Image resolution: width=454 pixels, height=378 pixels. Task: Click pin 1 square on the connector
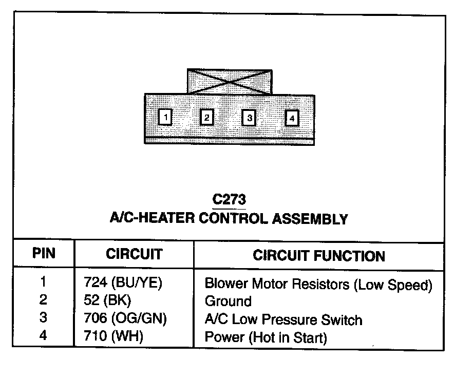click(165, 118)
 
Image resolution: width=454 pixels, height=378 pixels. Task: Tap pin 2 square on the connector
click(206, 118)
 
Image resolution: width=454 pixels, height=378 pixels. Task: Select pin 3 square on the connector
click(249, 118)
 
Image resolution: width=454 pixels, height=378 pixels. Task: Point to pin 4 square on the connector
click(291, 118)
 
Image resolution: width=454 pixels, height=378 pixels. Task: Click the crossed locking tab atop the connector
click(230, 81)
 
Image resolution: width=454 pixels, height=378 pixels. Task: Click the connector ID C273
click(229, 199)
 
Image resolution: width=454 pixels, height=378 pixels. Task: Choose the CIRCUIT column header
click(134, 254)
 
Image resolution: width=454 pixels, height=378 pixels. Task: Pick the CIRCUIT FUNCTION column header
click(318, 255)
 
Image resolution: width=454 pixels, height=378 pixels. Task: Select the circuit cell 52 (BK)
click(107, 301)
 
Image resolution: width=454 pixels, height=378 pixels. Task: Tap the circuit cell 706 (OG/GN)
click(125, 319)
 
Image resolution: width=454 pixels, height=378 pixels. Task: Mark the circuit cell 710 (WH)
click(113, 337)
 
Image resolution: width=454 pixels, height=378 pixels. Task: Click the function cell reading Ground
click(228, 301)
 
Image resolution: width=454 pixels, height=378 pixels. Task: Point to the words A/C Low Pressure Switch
click(283, 319)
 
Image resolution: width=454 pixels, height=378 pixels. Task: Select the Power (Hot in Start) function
click(266, 338)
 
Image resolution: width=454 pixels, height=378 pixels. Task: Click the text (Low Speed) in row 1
click(393, 283)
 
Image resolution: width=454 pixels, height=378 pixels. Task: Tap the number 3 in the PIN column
click(43, 318)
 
